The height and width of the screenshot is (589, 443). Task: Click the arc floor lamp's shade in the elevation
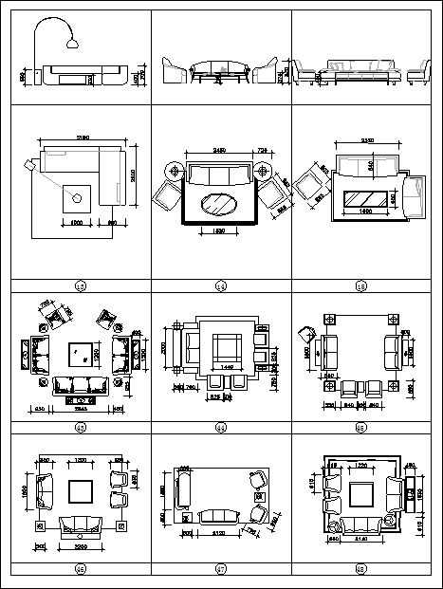[72, 41]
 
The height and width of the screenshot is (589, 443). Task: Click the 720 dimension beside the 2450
[262, 150]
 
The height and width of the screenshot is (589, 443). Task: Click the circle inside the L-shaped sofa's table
[77, 198]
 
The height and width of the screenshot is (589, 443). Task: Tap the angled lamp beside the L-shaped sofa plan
[31, 167]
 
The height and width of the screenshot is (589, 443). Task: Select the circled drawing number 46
[80, 569]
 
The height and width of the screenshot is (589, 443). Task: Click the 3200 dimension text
[78, 548]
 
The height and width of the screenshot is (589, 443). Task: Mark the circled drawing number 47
[220, 569]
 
